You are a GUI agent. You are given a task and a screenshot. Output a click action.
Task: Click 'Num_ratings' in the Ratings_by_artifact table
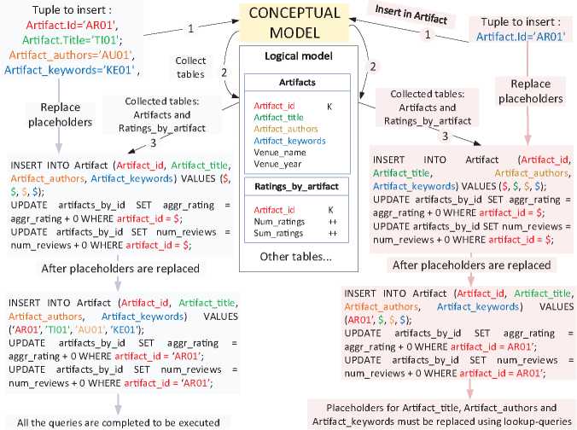(274, 220)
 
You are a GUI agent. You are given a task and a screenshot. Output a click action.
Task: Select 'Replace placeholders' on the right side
(524, 92)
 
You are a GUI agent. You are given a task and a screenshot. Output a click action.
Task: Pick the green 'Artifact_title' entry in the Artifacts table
(278, 117)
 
